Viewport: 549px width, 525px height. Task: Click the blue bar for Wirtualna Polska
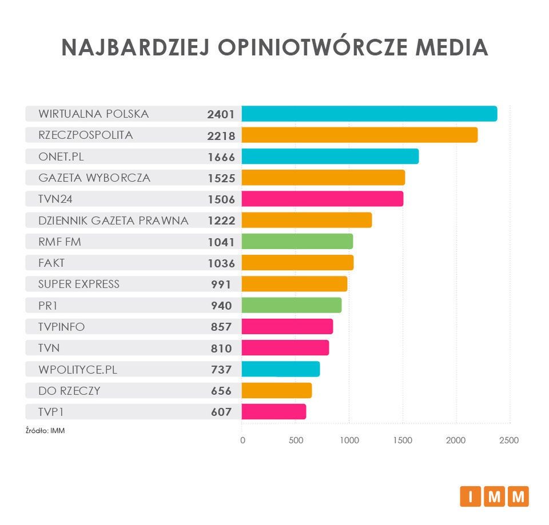tap(369, 114)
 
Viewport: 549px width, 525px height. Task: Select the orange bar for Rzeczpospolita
tap(359, 135)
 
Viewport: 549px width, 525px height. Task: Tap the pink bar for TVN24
tap(322, 199)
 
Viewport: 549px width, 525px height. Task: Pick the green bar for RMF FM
tap(297, 242)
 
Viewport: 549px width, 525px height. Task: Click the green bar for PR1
tap(291, 306)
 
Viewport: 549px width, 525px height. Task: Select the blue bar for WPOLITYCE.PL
tap(280, 369)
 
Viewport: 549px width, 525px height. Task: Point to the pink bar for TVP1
tap(273, 412)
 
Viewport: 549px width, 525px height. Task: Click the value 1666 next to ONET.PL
tap(221, 157)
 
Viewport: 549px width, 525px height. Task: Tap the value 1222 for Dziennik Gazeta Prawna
tap(221, 221)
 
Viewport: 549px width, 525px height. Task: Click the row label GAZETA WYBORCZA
tap(94, 178)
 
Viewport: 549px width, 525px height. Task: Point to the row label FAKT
tap(52, 263)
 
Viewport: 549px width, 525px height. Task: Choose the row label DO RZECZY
tap(69, 391)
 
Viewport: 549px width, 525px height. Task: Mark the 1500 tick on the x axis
tap(403, 440)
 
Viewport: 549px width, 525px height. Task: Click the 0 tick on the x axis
tap(242, 440)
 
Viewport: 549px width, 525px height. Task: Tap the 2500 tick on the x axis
tap(509, 440)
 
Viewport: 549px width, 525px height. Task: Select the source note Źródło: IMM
tap(45, 431)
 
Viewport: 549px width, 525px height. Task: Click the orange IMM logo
tap(494, 496)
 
